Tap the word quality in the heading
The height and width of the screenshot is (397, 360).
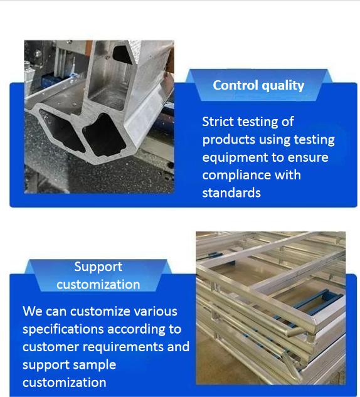[283, 86]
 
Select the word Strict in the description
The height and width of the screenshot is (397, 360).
[218, 122]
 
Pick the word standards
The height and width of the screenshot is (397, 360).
[231, 193]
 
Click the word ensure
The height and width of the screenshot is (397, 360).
[308, 158]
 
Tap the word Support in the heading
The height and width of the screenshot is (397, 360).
[98, 267]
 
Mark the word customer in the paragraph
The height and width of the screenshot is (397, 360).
[51, 347]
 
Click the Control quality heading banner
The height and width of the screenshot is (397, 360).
[258, 85]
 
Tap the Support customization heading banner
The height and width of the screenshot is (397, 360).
[98, 275]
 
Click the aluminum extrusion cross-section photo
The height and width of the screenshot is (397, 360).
[99, 117]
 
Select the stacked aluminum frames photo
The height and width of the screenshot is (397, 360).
[271, 308]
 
